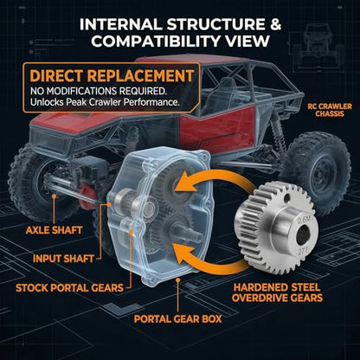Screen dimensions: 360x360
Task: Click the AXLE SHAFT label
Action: pos(55,230)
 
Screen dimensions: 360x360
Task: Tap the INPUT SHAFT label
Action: pos(63,259)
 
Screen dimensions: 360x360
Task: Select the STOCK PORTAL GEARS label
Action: pos(69,288)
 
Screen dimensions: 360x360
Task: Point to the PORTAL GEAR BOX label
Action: pos(177,318)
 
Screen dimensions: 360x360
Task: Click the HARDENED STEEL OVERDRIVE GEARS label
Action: pos(277,292)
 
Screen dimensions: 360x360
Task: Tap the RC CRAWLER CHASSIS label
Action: pos(330,110)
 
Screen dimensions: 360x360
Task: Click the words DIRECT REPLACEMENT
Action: pos(112,76)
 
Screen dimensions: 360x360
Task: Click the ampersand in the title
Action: pos(275,24)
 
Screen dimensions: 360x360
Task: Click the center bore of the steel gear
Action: pos(303,235)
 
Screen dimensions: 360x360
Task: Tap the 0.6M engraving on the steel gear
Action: pos(304,221)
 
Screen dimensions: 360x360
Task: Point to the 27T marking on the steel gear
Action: pos(302,250)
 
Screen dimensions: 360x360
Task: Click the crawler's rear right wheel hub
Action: pos(323,175)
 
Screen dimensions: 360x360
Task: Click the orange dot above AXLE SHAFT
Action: pos(54,196)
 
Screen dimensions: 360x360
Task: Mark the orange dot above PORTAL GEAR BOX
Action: pos(178,280)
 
